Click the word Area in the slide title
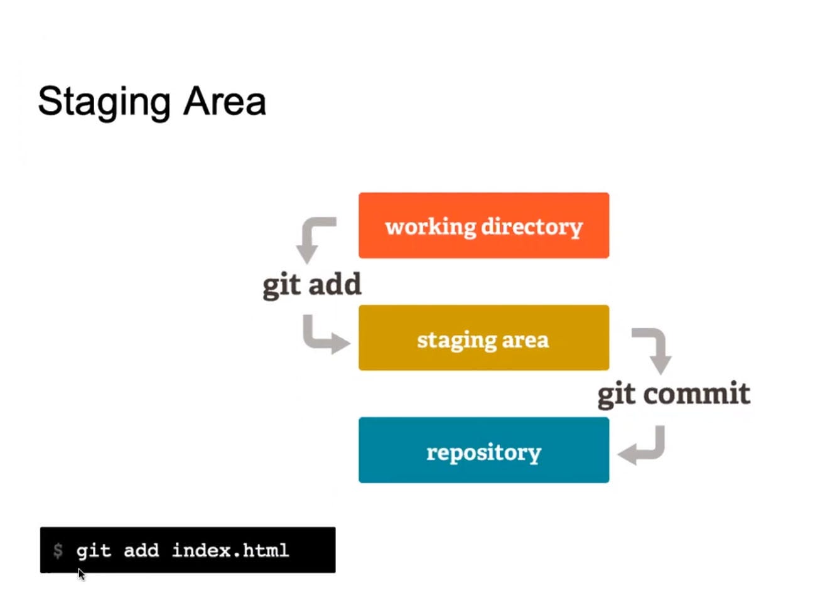tap(225, 102)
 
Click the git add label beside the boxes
tap(312, 285)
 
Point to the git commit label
tap(674, 394)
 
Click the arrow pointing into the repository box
tap(644, 447)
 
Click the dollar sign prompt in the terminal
tap(58, 551)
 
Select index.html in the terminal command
tap(230, 550)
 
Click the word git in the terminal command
tap(94, 551)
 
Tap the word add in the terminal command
tap(141, 550)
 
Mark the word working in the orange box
tap(431, 226)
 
